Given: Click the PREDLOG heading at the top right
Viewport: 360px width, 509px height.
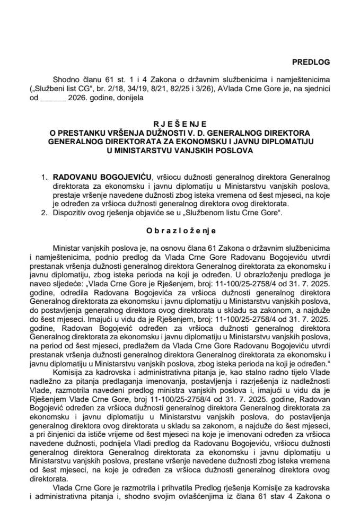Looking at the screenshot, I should click(313, 62).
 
